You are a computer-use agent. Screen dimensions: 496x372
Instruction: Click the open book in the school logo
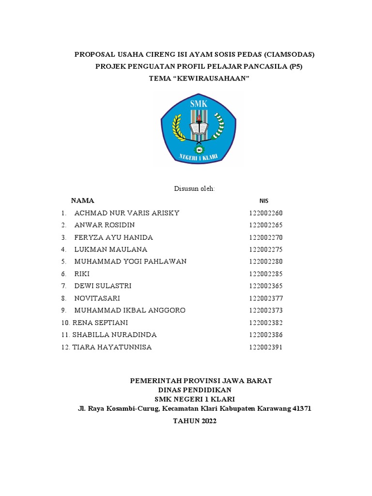point(198,129)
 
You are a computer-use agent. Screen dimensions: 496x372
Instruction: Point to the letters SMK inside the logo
point(198,103)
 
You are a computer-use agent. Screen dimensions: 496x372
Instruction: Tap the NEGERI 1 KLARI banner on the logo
point(199,156)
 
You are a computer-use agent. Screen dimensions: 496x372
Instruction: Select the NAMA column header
point(83,201)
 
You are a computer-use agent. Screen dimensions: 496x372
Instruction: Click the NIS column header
point(264,201)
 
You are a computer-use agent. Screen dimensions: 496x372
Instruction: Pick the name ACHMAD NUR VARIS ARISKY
point(127,213)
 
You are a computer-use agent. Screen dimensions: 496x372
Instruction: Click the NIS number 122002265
point(265,225)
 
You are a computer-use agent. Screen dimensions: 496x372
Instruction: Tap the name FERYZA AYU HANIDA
point(113,237)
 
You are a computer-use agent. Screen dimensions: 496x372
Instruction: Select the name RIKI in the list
point(82,274)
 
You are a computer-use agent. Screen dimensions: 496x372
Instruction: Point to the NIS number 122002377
point(265,298)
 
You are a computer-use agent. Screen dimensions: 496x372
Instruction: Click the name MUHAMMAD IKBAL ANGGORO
point(130,310)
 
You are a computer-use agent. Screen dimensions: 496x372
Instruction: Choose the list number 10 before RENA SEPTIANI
point(66,323)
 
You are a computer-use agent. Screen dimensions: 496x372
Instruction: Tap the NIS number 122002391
point(265,347)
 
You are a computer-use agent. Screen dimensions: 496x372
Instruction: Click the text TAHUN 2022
point(195,421)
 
